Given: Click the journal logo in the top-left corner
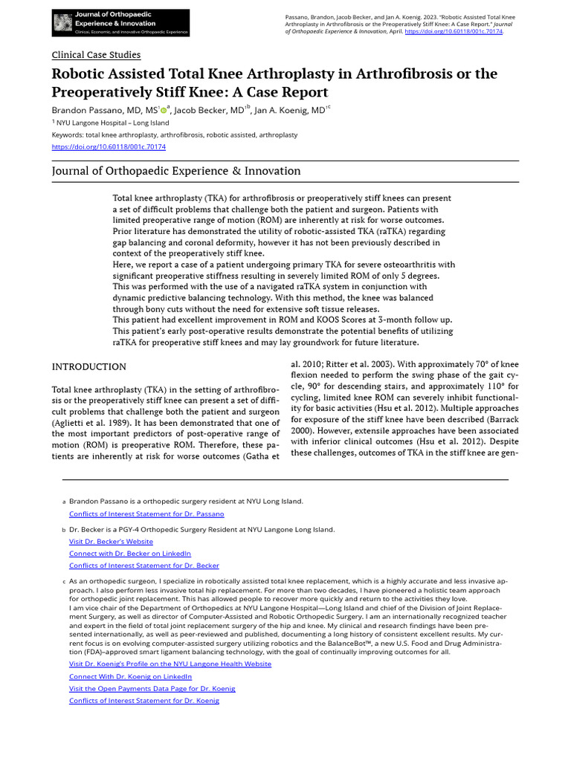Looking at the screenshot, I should (120, 23).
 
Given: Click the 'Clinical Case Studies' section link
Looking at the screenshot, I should (96, 55).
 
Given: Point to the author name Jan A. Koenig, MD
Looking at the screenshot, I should (289, 110).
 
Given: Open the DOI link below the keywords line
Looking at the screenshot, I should (109, 147).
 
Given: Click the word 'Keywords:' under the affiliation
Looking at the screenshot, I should (68, 135).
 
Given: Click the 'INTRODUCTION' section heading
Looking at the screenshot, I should (88, 367).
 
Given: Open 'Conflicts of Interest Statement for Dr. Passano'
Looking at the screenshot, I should (146, 514).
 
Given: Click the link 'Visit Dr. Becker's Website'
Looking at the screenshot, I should (111, 542).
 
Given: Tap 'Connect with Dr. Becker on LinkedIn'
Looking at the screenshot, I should (130, 554).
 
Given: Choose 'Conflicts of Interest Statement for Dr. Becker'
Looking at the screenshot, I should (144, 566).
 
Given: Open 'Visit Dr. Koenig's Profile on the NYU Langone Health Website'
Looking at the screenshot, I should (170, 664).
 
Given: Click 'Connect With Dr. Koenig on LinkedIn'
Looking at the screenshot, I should (130, 676).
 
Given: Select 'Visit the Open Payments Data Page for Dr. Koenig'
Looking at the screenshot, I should (152, 688).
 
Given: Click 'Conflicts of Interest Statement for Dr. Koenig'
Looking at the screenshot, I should (144, 700).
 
